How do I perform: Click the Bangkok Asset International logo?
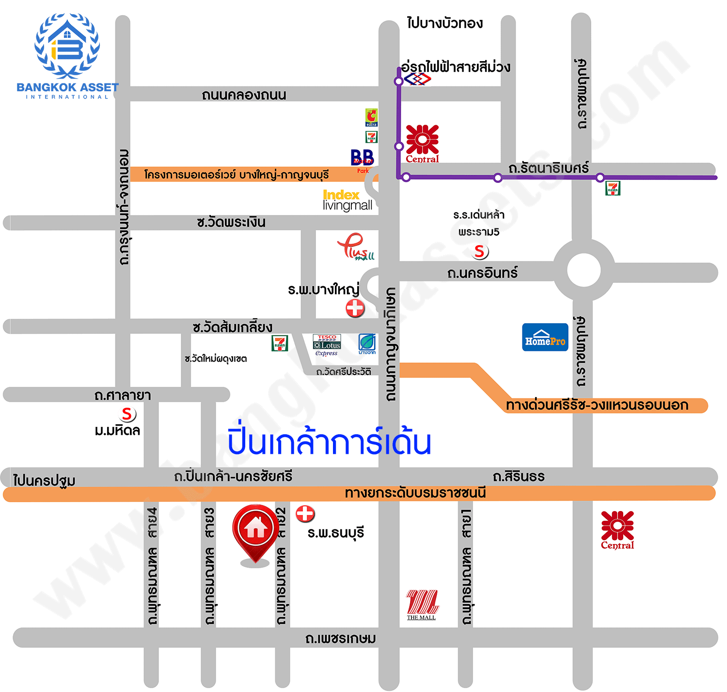(67, 56)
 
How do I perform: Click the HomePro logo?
(545, 337)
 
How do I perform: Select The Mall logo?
(422, 605)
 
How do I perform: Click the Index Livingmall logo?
(347, 200)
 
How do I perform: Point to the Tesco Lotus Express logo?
(327, 345)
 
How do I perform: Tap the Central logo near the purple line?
(422, 144)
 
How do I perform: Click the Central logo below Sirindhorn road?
(617, 530)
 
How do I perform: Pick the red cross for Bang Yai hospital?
(355, 308)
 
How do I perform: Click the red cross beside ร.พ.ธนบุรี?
(305, 513)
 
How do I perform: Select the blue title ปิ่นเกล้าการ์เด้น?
(329, 442)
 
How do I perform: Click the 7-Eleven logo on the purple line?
(613, 188)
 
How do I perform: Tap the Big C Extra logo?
(371, 117)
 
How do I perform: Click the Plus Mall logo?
(356, 247)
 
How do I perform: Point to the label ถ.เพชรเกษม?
(340, 638)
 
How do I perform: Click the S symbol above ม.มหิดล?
(127, 414)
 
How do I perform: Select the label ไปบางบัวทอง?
(444, 23)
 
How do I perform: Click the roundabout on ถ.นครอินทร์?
(584, 270)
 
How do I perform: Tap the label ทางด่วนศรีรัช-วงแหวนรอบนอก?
(597, 405)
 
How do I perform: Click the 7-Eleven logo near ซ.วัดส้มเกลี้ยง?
(280, 343)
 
